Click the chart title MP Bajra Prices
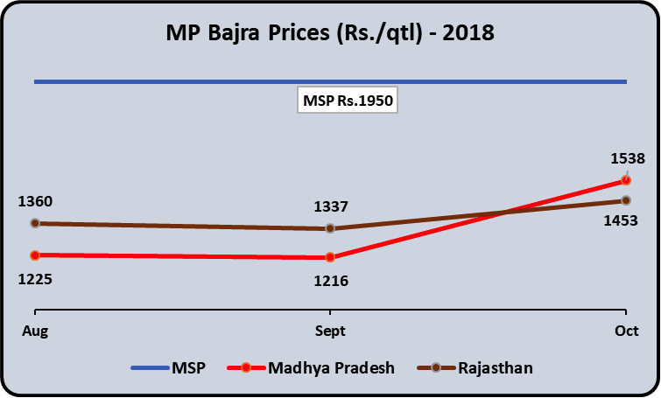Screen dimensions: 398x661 coord(330,34)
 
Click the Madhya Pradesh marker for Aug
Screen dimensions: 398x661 coord(35,255)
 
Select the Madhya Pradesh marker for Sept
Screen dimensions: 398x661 coord(330,257)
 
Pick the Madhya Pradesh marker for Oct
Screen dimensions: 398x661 coord(625,180)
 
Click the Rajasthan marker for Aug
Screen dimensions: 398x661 coord(35,223)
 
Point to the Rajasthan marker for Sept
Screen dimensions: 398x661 coord(330,228)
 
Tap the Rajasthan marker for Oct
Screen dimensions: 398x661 coord(625,200)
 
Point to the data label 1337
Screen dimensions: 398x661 coord(332,207)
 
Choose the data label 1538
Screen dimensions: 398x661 coord(627,158)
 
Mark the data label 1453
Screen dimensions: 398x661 coord(620,222)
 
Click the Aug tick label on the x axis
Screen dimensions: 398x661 coord(35,332)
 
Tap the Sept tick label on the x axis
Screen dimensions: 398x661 coord(330,332)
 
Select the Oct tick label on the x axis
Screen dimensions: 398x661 coord(625,332)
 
